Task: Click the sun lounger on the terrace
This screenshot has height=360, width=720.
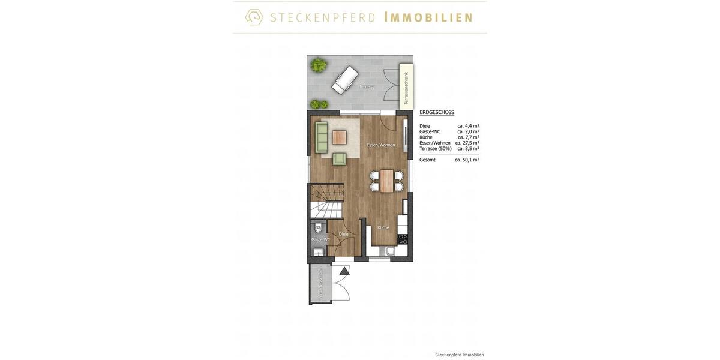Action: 346,80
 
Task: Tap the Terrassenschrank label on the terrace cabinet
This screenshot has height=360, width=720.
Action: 406,88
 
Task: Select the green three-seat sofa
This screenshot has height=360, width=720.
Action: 322,138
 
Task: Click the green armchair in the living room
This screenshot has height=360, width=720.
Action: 340,158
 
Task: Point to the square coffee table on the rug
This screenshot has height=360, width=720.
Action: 340,137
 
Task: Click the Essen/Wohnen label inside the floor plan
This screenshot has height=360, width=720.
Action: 381,145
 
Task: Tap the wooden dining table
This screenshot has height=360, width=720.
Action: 387,180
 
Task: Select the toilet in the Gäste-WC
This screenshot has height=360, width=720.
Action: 319,228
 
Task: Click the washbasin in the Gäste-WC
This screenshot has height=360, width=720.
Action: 319,253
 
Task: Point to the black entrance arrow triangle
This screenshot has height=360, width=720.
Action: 344,271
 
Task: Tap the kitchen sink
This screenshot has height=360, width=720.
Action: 391,252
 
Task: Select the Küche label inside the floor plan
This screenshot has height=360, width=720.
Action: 383,227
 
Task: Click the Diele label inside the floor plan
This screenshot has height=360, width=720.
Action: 343,234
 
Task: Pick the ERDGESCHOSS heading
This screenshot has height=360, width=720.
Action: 437,112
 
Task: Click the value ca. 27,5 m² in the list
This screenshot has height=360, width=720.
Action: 467,143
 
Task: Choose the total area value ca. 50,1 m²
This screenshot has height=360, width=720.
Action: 467,160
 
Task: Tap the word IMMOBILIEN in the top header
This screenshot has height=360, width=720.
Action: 428,17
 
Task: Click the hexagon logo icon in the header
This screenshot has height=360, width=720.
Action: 254,17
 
